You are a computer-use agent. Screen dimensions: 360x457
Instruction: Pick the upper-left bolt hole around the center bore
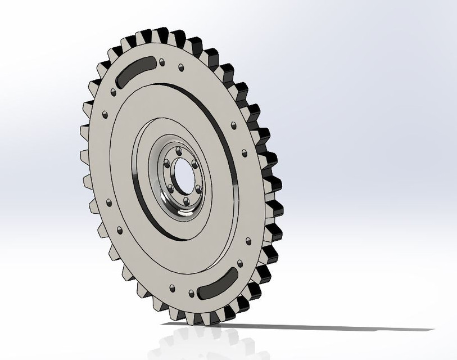click(167, 163)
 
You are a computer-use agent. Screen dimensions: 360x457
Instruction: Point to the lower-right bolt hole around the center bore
click(198, 189)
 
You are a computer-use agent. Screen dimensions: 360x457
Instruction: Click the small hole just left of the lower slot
click(192, 293)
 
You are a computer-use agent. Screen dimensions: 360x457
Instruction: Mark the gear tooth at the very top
click(160, 34)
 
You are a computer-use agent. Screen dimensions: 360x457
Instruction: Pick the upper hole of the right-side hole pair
click(233, 125)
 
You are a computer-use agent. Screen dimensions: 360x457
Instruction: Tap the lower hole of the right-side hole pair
click(244, 152)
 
